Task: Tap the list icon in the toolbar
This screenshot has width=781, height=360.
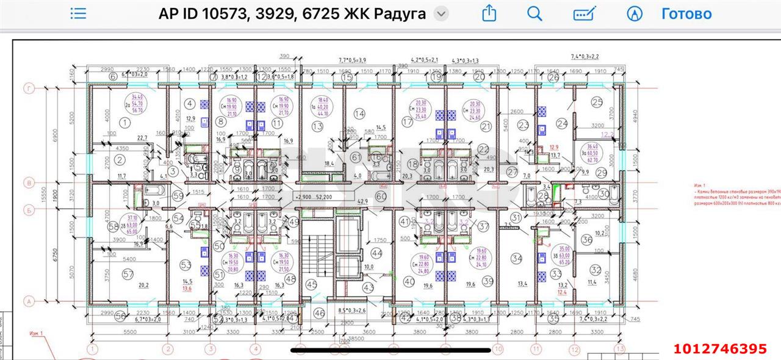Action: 79,13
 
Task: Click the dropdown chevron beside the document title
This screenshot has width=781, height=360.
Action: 441,14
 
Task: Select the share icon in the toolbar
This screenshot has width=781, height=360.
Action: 489,13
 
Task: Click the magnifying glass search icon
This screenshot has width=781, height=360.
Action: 534,13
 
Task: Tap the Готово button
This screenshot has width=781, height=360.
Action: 686,13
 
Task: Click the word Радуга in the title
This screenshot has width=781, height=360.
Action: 400,13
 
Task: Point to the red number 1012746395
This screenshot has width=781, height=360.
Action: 720,349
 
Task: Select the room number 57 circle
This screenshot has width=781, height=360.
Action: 128,275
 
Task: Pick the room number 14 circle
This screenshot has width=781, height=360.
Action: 359,113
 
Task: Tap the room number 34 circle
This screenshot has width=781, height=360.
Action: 517,259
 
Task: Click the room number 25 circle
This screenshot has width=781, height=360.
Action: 597,102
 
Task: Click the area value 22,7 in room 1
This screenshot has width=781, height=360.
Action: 143,137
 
